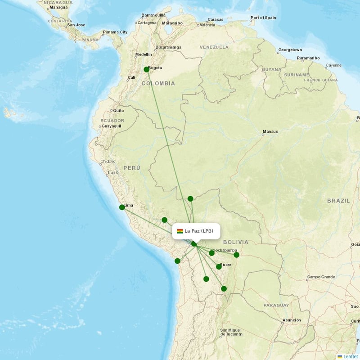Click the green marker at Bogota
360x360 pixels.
click(146, 69)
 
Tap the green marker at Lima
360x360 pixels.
click(122, 207)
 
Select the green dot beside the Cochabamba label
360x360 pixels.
click(211, 253)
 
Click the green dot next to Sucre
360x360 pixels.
click(219, 266)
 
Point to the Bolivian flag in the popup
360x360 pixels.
click(180, 231)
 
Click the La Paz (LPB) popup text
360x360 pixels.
click(199, 231)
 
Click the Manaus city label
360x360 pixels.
click(270, 131)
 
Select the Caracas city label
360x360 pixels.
click(216, 19)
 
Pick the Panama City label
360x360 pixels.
click(115, 32)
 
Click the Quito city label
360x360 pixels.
click(118, 110)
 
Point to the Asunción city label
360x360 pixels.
click(292, 320)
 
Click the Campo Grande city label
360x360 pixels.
click(321, 277)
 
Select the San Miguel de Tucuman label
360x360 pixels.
click(231, 332)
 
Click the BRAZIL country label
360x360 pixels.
click(338, 201)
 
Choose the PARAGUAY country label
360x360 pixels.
click(276, 305)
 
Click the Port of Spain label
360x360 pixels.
click(263, 18)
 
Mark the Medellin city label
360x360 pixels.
click(144, 54)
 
